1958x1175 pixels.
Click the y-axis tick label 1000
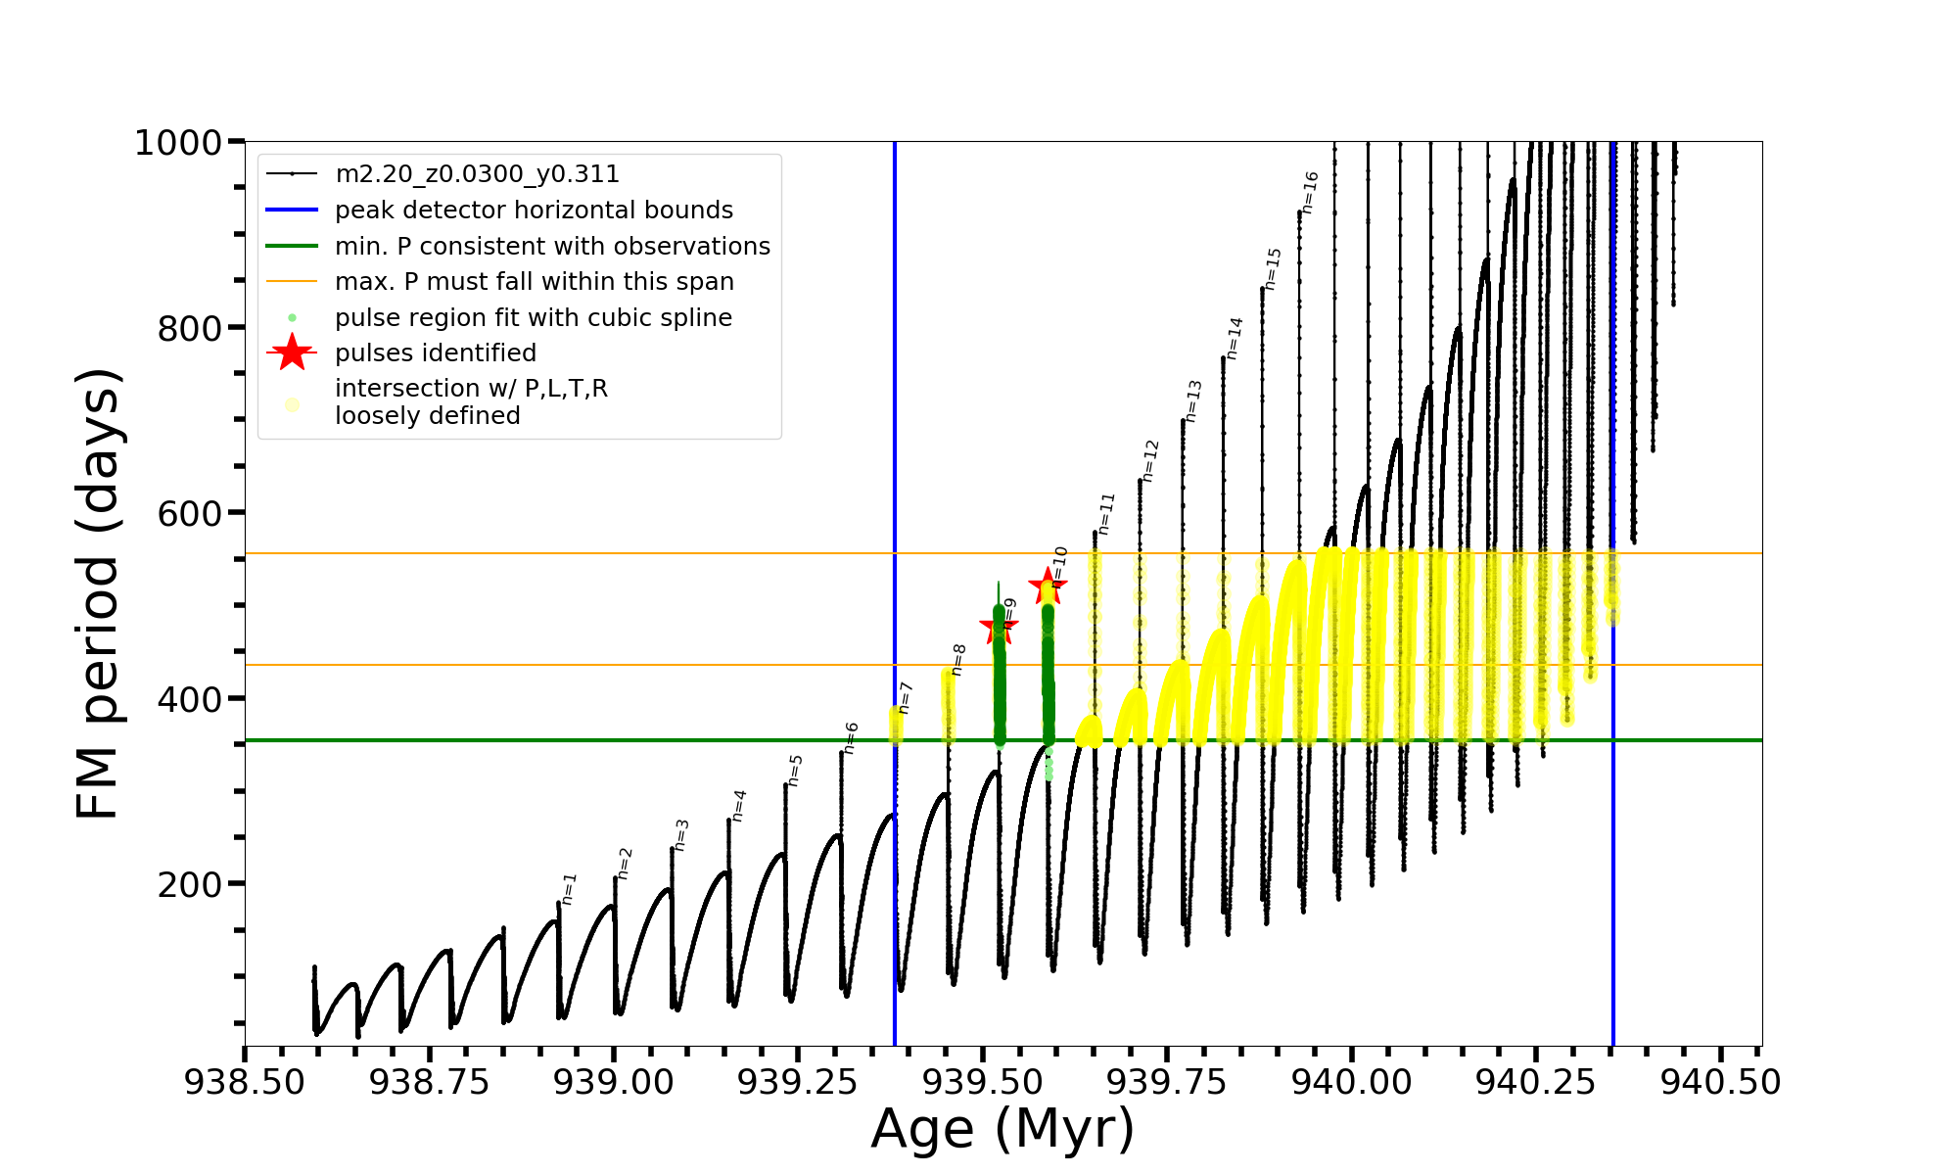coord(177,143)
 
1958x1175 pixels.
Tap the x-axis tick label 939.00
coord(614,1082)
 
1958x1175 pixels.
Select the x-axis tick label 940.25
coord(1537,1082)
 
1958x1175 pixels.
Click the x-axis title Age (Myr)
coord(1002,1129)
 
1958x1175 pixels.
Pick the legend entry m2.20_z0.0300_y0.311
coord(477,174)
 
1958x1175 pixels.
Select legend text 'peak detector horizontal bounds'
coord(534,211)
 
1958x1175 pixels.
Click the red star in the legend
coord(292,352)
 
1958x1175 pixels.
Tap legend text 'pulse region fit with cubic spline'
coord(533,318)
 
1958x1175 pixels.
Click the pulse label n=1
coord(569,889)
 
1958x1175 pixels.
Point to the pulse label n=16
coord(1310,193)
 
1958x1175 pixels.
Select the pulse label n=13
coord(1192,401)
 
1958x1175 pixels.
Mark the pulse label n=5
coord(795,771)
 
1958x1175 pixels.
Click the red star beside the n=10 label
coord(1048,587)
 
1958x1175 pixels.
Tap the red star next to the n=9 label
coord(999,627)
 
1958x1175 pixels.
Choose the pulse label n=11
coord(1106,514)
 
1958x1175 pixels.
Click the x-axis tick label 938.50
coord(245,1082)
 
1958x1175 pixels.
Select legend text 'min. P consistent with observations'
coord(552,247)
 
